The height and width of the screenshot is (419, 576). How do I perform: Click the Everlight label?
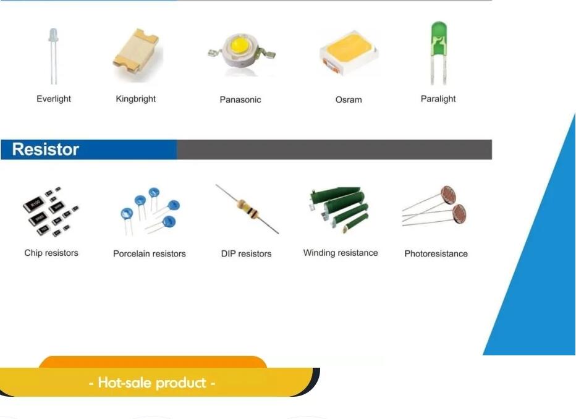pyautogui.click(x=54, y=99)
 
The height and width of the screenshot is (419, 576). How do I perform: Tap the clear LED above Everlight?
pyautogui.click(x=53, y=56)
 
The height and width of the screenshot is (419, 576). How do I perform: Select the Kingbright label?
pyautogui.click(x=135, y=99)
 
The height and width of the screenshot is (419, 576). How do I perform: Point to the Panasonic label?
pyautogui.click(x=240, y=99)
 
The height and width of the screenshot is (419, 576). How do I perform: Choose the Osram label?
pyautogui.click(x=349, y=99)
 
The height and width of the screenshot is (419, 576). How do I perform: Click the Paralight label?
pyautogui.click(x=438, y=99)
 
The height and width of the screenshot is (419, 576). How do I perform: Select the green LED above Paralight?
pyautogui.click(x=439, y=53)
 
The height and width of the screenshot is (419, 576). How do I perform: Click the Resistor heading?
pyautogui.click(x=46, y=149)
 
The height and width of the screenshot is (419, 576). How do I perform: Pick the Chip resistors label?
pyautogui.click(x=51, y=253)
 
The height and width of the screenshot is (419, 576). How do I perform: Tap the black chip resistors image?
pyautogui.click(x=50, y=211)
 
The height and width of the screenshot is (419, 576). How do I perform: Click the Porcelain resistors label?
pyautogui.click(x=149, y=254)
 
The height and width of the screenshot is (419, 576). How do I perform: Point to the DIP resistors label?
pyautogui.click(x=246, y=254)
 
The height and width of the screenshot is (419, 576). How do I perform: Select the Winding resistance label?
pyautogui.click(x=341, y=253)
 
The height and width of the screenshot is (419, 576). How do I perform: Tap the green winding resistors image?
pyautogui.click(x=339, y=209)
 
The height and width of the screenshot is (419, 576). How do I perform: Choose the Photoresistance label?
pyautogui.click(x=436, y=254)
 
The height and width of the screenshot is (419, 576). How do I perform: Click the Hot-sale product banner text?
pyautogui.click(x=152, y=383)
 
